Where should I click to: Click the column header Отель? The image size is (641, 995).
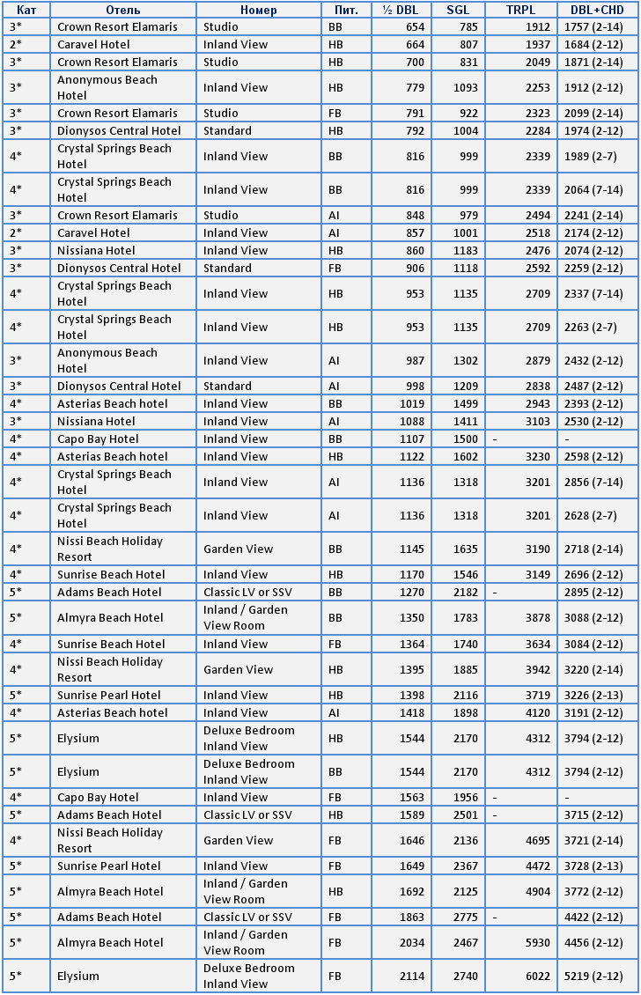coord(122,10)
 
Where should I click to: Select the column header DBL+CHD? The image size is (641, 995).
coord(597,10)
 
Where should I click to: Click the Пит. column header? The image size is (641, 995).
coord(346,10)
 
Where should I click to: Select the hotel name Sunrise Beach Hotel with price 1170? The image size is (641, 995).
coord(111,575)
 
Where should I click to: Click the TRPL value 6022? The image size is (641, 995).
coord(536,977)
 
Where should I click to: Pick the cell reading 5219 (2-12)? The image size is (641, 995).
coord(593,977)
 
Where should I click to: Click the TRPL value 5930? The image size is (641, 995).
coord(536,943)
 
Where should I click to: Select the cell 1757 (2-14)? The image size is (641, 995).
coord(593,27)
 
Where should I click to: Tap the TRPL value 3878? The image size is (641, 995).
coord(536,618)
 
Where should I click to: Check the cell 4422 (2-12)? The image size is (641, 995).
coord(593,918)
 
